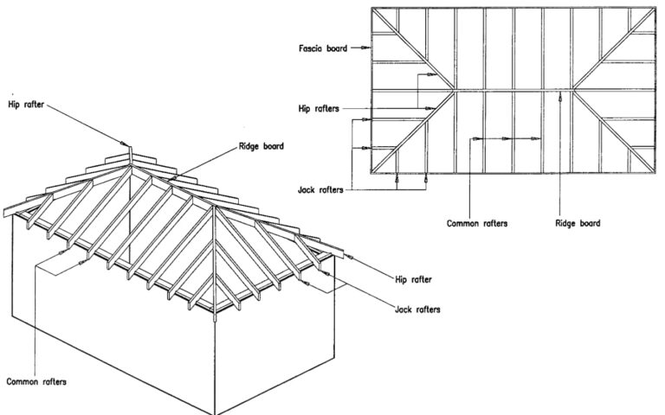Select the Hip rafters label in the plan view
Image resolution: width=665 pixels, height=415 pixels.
[x=317, y=109]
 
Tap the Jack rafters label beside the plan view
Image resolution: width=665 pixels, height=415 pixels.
[x=316, y=188]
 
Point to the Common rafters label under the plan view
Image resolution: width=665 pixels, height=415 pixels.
[x=477, y=223]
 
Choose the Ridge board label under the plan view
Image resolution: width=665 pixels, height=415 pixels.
[x=578, y=223]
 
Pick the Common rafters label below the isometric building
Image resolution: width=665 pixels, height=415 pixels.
[x=36, y=380]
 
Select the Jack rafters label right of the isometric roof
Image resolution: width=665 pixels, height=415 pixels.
[x=418, y=308]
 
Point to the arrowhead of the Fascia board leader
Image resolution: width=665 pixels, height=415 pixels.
[x=369, y=48]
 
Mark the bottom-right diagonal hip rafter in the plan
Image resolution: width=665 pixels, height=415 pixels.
[x=616, y=131]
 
